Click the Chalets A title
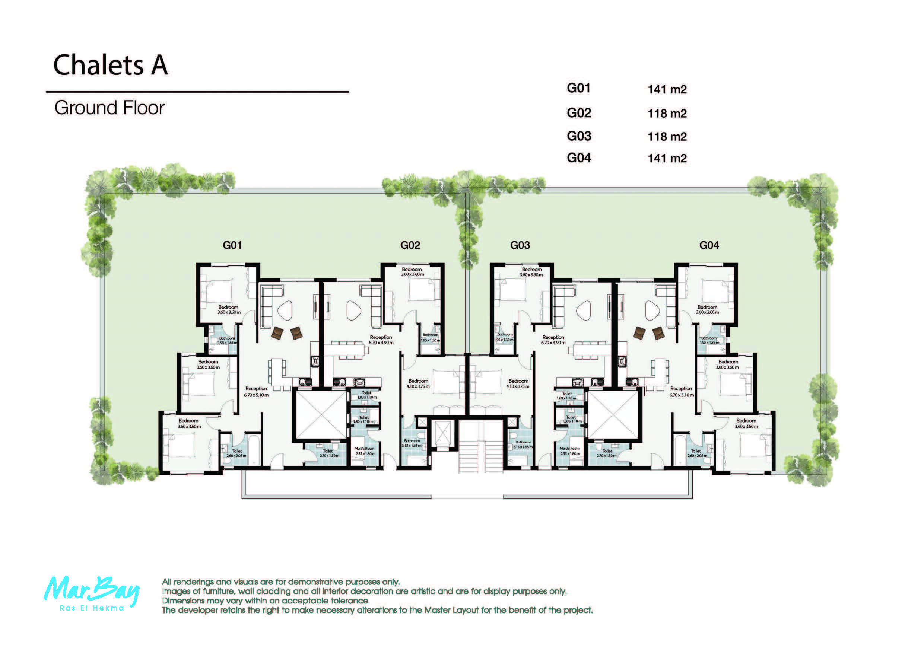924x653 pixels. pyautogui.click(x=110, y=65)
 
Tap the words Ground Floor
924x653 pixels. pyautogui.click(x=109, y=108)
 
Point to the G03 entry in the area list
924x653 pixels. pyautogui.click(x=579, y=136)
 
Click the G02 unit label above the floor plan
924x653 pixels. pyautogui.click(x=410, y=245)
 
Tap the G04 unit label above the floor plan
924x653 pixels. pyautogui.click(x=709, y=245)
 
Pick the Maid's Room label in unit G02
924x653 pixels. pyautogui.click(x=365, y=450)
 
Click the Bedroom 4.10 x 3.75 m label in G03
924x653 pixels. pyautogui.click(x=518, y=383)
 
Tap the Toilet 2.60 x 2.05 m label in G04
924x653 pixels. pyautogui.click(x=696, y=453)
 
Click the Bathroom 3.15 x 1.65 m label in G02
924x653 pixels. pyautogui.click(x=412, y=443)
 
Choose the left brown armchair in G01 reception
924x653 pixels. pyautogui.click(x=277, y=332)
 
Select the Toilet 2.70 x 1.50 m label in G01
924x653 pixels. pyautogui.click(x=329, y=453)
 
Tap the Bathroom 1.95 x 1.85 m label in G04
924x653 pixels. pyautogui.click(x=709, y=340)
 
